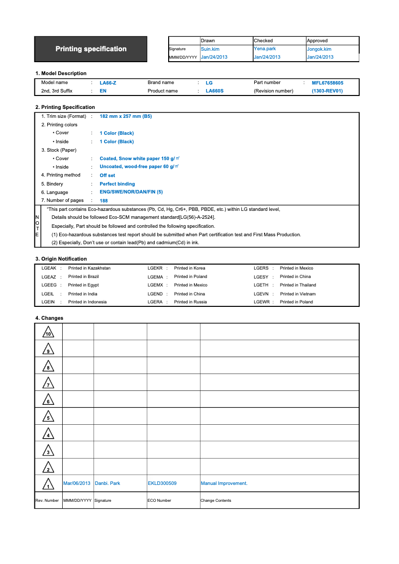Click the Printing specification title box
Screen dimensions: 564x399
pyautogui.click(x=91, y=49)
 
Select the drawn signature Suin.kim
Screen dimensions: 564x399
pyautogui.click(x=210, y=49)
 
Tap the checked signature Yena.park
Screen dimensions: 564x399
pyautogui.click(x=265, y=49)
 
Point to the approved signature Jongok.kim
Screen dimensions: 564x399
pyautogui.click(x=319, y=49)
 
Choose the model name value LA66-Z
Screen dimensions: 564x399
pyautogui.click(x=108, y=83)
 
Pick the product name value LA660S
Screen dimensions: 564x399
pyautogui.click(x=214, y=91)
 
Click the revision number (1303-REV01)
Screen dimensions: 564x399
pyautogui.click(x=327, y=91)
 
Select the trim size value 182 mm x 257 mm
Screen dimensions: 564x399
pyautogui.click(x=125, y=116)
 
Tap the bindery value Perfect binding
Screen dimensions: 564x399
pyautogui.click(x=117, y=184)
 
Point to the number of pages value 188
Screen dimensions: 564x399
pyautogui.click(x=103, y=201)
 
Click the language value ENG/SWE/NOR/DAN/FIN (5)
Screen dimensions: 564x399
pyautogui.click(x=131, y=192)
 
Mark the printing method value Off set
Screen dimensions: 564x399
pyautogui.click(x=107, y=176)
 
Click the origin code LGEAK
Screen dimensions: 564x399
pyautogui.click(x=49, y=268)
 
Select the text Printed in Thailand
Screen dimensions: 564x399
pyautogui.click(x=298, y=285)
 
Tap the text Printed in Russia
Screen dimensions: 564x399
pyautogui.click(x=190, y=302)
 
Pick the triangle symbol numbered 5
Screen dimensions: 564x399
pyautogui.click(x=48, y=417)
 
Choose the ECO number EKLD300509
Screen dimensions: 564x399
pyautogui.click(x=162, y=483)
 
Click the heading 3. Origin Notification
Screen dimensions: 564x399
pyautogui.click(x=61, y=259)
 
